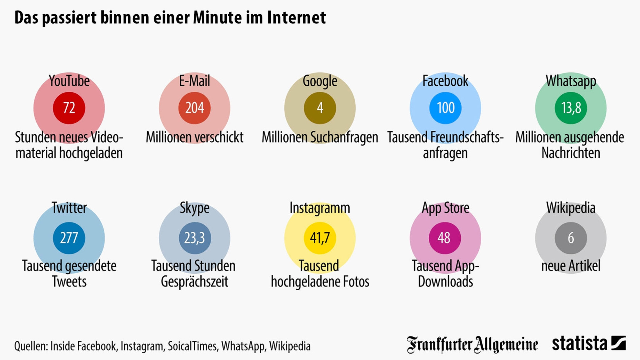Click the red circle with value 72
point(69,108)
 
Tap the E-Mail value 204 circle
point(194,108)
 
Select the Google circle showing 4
point(320,108)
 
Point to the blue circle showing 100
point(445,108)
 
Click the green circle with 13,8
point(571,108)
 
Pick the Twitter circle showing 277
point(69,238)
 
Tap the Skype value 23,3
point(195,238)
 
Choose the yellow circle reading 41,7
point(320,238)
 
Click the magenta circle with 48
point(445,238)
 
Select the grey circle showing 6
point(571,238)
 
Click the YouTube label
point(69,81)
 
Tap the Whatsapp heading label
point(571,81)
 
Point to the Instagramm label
point(320,208)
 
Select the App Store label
point(445,208)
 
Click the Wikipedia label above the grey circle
point(571,208)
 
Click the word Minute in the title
point(217,18)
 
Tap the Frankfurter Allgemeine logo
point(472,345)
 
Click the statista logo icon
point(618,343)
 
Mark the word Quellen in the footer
point(30,346)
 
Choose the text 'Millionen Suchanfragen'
point(320,137)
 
